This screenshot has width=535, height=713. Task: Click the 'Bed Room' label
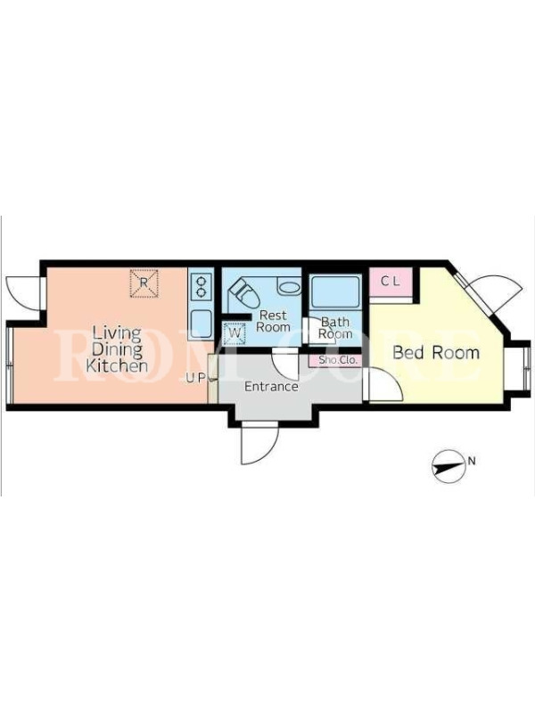(x=436, y=353)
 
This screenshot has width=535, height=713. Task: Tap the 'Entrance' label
(x=271, y=387)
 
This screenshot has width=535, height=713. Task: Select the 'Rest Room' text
(x=273, y=321)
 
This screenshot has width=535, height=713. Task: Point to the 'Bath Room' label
(x=335, y=328)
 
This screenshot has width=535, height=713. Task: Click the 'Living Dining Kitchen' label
(x=117, y=349)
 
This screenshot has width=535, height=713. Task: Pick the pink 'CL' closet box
(x=391, y=282)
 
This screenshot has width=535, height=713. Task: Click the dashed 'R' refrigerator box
(x=144, y=283)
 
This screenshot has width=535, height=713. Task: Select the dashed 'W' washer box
(x=235, y=332)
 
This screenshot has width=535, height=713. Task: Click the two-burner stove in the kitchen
(x=201, y=286)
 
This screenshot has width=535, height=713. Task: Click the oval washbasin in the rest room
(x=288, y=287)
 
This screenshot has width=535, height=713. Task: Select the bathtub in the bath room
(x=335, y=291)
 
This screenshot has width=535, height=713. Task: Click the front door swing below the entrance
(x=259, y=442)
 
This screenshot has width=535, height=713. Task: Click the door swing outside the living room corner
(x=23, y=293)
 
